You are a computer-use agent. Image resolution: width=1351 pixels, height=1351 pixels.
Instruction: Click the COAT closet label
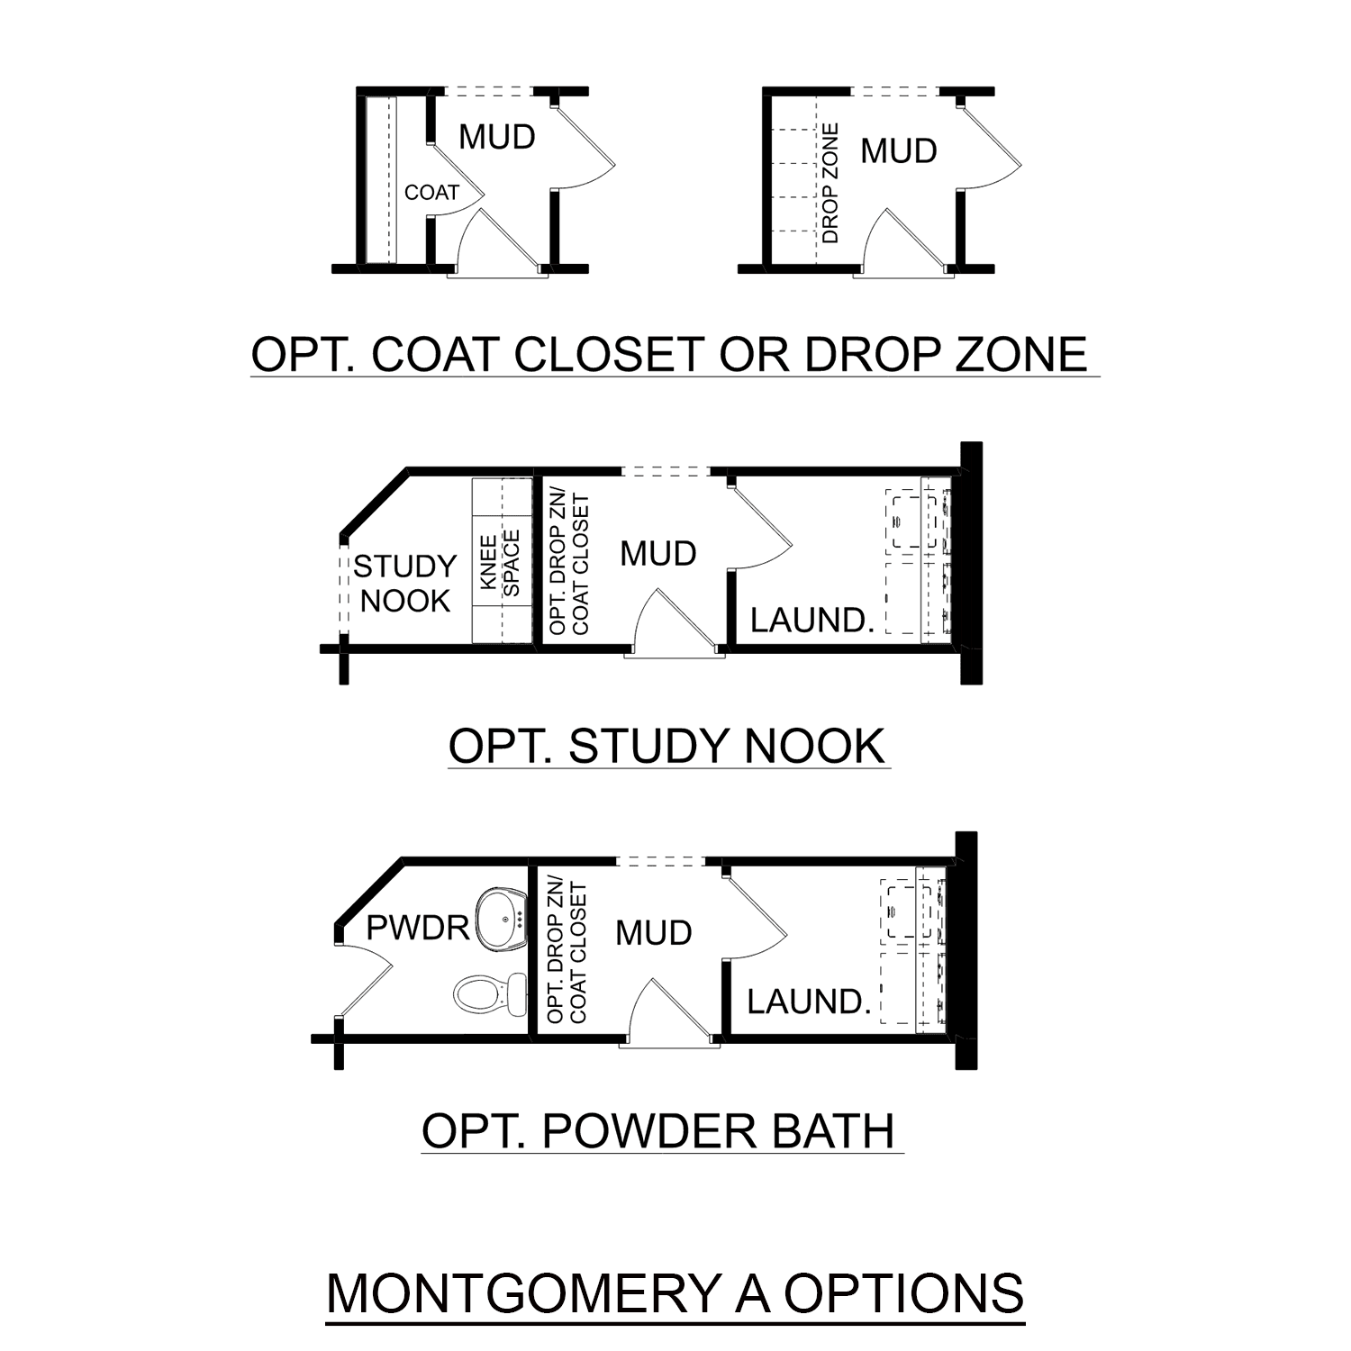point(431,192)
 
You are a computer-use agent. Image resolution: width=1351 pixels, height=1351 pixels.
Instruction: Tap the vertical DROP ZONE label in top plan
point(830,184)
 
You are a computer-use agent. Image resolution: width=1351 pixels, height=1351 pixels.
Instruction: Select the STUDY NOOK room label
point(404,584)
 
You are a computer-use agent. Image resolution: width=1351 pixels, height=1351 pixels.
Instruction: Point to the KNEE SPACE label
point(500,563)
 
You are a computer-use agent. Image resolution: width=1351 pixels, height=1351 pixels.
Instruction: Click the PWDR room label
point(418,928)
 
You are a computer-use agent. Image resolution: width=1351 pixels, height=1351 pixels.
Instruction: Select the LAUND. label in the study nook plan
point(812,620)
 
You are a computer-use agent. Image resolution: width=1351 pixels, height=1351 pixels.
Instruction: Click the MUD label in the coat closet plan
point(497,137)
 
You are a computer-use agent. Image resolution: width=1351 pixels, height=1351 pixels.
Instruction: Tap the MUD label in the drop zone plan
point(898,150)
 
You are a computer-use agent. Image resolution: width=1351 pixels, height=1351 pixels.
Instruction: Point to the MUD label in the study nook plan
point(657,553)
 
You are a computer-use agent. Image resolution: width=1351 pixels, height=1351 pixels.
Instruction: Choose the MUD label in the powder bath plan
point(653,933)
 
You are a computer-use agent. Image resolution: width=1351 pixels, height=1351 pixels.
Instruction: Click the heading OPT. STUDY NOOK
point(667,747)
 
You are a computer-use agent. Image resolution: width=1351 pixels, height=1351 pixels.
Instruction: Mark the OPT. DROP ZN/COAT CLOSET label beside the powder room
point(567,954)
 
